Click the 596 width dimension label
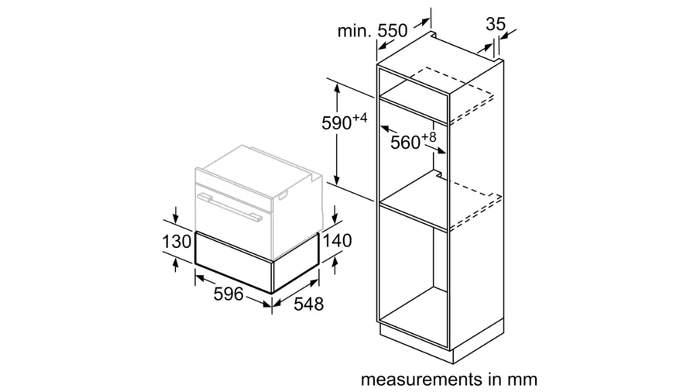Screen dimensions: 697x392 [228, 294]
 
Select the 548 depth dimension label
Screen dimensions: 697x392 [308, 304]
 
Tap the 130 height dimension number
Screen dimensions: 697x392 [177, 242]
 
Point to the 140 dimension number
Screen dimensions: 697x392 [337, 240]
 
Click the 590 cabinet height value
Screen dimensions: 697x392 [337, 123]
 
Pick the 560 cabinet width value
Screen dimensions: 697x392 [405, 143]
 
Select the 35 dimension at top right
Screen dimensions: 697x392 [496, 24]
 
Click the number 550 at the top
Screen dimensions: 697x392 [393, 31]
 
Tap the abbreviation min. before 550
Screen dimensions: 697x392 [354, 31]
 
